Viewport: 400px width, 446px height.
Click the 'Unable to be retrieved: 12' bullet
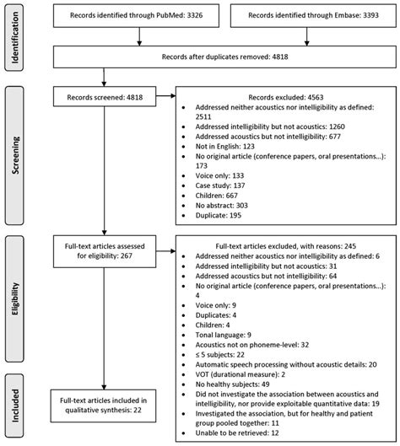(x=246, y=432)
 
